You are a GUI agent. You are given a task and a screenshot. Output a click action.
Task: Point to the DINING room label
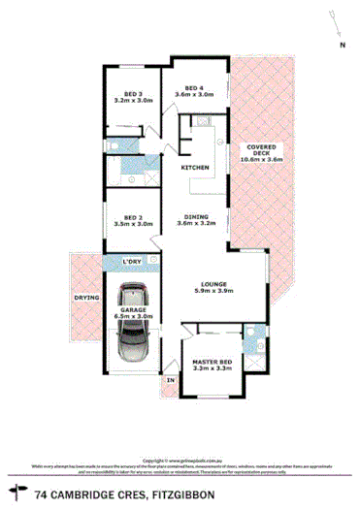pyautogui.click(x=197, y=216)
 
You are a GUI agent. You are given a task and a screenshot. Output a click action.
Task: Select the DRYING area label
pyautogui.click(x=87, y=298)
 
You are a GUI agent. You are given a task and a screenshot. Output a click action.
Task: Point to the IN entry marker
pyautogui.click(x=172, y=381)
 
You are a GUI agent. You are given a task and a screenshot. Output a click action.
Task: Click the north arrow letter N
pyautogui.click(x=341, y=45)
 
